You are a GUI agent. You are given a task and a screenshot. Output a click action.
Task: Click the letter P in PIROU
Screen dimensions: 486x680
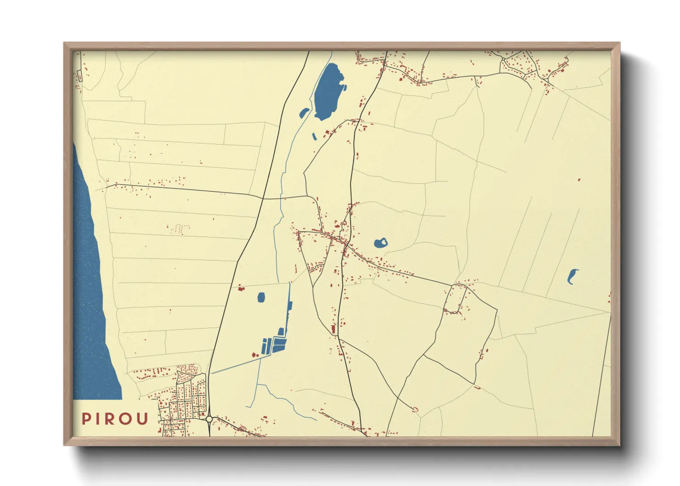[x=86, y=419]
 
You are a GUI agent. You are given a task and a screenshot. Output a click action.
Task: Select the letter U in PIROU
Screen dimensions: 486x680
[x=142, y=419]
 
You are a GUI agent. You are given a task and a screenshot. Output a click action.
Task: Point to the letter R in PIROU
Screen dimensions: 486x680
[x=110, y=419]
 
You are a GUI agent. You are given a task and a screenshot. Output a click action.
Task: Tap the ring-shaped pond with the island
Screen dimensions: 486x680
[x=380, y=243]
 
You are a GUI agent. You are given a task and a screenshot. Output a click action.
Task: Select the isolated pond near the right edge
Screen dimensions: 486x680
[x=572, y=276]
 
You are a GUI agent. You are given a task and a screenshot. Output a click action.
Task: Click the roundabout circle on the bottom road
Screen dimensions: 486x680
[x=210, y=419]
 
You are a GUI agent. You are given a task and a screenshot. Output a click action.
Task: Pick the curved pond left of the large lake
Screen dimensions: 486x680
[x=304, y=113]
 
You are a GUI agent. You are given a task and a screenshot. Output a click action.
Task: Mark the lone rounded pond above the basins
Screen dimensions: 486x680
[x=261, y=297]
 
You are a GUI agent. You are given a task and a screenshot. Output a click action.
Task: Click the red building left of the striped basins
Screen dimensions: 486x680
[x=254, y=354]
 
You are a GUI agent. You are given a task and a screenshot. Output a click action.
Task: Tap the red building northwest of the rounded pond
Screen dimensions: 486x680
[x=240, y=288]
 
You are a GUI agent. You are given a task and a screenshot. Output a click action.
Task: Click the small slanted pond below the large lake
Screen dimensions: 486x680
[x=314, y=136]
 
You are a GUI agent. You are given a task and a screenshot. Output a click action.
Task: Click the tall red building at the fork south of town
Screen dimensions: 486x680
[x=334, y=329]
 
